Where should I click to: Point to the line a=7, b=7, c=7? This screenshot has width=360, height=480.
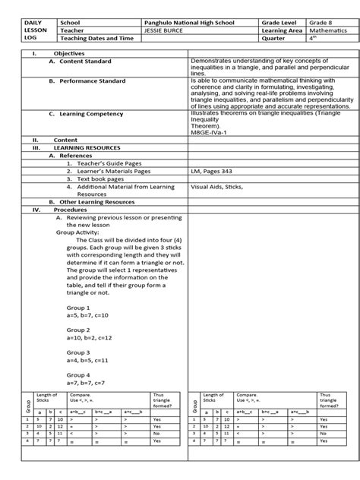click(x=85, y=382)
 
